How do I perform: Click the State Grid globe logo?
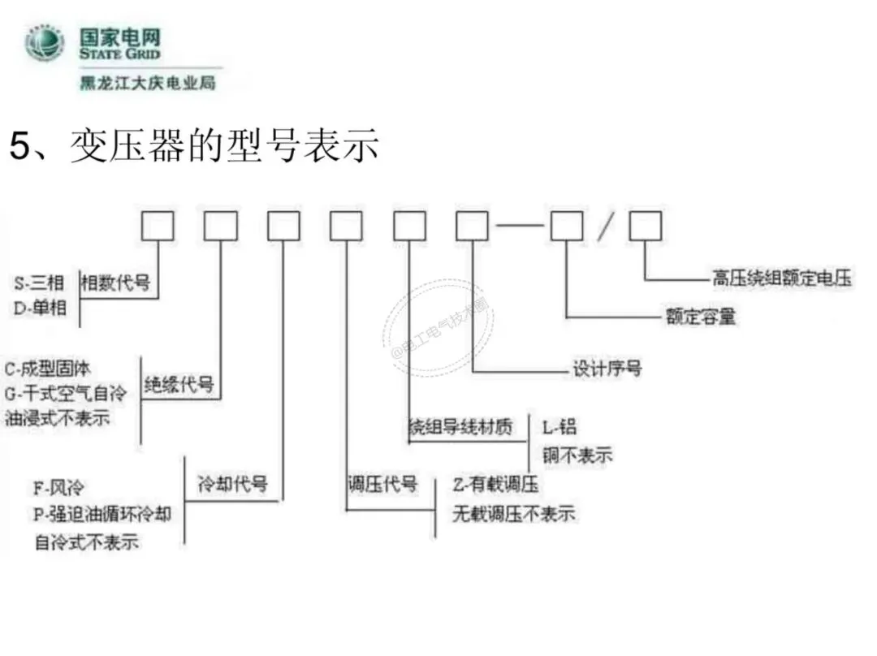[45, 44]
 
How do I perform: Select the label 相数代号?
[115, 283]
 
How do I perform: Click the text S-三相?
[41, 283]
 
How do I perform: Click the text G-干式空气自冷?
[66, 394]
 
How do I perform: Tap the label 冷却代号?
[232, 485]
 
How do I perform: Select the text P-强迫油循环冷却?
[102, 514]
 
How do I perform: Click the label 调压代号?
[382, 485]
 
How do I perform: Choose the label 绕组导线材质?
[460, 427]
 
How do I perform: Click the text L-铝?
[559, 427]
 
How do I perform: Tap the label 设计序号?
[607, 369]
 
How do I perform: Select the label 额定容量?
[701, 317]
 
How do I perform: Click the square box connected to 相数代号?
[158, 226]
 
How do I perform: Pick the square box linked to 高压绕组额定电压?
[646, 226]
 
